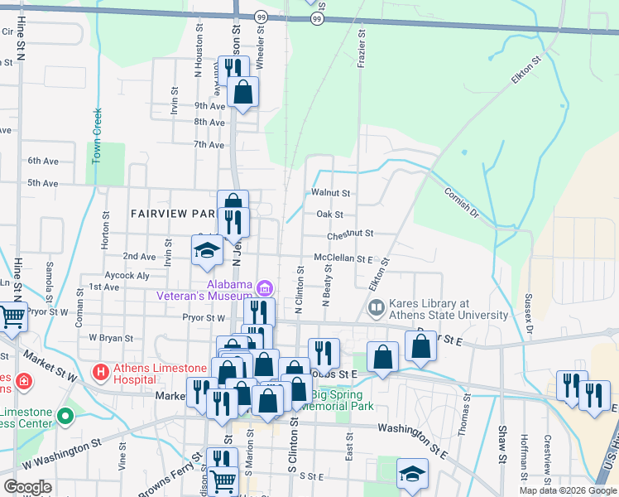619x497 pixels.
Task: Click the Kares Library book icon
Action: (376, 309)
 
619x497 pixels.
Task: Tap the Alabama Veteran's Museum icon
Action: (264, 288)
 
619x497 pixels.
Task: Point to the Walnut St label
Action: (331, 193)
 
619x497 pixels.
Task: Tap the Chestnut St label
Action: (350, 235)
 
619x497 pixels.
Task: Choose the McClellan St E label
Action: (343, 258)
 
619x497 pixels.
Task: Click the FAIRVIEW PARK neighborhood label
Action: (173, 213)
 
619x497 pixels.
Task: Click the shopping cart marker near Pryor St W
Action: (12, 316)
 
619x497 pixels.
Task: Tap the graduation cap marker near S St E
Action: (412, 474)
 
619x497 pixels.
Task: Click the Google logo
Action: (27, 487)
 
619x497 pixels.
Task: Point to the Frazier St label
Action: (362, 51)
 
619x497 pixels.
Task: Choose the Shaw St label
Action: (502, 444)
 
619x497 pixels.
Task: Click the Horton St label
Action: (106, 230)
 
